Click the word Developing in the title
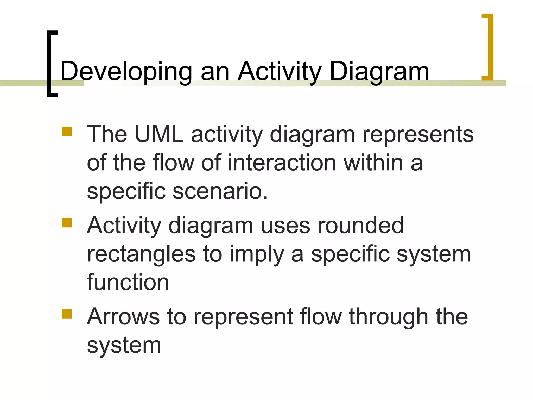click(x=126, y=71)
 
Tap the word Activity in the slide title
click(x=280, y=71)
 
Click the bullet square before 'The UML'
click(x=67, y=132)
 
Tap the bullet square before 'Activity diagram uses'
click(x=67, y=223)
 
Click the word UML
click(x=159, y=134)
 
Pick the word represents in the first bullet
click(x=418, y=134)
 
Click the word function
click(x=128, y=283)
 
